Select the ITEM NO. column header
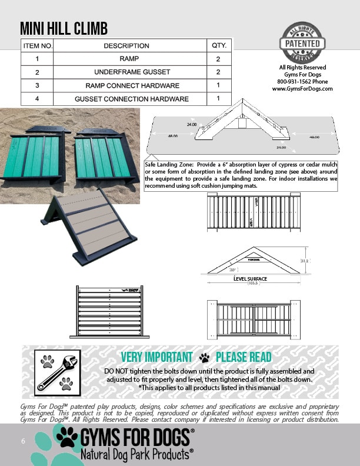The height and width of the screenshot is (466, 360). tap(38, 45)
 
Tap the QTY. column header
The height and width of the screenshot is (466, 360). tap(218, 45)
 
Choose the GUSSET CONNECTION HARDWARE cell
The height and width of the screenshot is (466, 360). tap(132, 99)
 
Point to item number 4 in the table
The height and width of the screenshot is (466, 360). tap(37, 99)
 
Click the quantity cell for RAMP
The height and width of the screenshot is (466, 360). tap(218, 59)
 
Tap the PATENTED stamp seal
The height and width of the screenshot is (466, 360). tap(302, 43)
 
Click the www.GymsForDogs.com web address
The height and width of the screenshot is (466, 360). tap(302, 89)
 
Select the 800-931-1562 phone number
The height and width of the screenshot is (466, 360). tap(302, 82)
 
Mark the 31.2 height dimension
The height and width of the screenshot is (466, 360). tap(304, 261)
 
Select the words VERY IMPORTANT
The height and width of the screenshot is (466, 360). tap(156, 357)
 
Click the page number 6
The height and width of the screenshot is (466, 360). tap(23, 441)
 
